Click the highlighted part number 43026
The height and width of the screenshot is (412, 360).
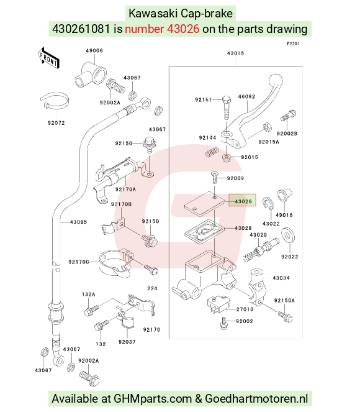click(x=243, y=201)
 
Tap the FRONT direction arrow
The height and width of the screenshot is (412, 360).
click(x=48, y=58)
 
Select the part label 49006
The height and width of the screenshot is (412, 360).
click(x=94, y=50)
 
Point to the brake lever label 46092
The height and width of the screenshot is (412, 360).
click(x=246, y=97)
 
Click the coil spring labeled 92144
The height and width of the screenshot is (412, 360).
click(x=212, y=152)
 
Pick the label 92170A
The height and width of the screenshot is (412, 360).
click(x=125, y=189)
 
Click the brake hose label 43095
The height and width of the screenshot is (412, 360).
click(x=78, y=222)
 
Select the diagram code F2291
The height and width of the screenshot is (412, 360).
click(x=293, y=43)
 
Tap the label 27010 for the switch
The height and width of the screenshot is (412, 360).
click(x=245, y=309)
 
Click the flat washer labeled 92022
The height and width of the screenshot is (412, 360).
click(x=288, y=235)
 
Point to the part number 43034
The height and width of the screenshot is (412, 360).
click(x=281, y=278)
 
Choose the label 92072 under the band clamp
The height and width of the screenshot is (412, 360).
click(x=56, y=122)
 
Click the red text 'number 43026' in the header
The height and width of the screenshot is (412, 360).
click(x=162, y=29)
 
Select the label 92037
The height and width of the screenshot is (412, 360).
click(x=127, y=342)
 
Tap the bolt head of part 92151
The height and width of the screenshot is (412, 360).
click(x=226, y=99)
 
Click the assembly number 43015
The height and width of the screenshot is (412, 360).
click(x=236, y=53)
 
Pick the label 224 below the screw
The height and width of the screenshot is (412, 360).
click(x=152, y=288)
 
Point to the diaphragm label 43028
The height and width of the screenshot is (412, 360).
click(x=243, y=228)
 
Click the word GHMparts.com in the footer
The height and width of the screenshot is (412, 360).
click(x=153, y=398)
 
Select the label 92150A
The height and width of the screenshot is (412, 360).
click(x=284, y=300)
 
